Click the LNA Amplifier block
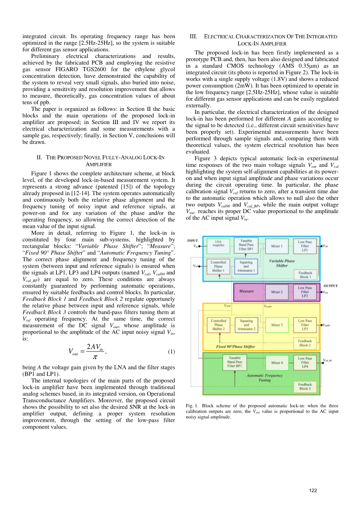[x=218, y=243]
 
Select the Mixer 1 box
[x=277, y=246]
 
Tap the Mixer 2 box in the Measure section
[x=277, y=292]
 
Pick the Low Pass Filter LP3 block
[x=305, y=325]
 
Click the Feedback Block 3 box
[x=305, y=386]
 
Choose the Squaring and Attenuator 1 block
[x=246, y=266]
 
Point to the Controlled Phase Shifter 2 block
[x=218, y=325]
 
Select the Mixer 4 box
[x=277, y=363]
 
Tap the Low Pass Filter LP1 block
[x=305, y=246]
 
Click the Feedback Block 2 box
[x=305, y=343]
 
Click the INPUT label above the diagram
[x=193, y=241]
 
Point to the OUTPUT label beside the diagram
[x=330, y=286]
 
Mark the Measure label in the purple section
[x=246, y=291]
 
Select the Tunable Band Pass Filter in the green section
[x=234, y=362]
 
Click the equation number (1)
[x=171, y=352]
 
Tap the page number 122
[x=313, y=490]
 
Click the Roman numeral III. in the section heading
[x=193, y=37]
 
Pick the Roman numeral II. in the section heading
[x=39, y=157]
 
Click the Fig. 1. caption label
[x=192, y=406]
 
